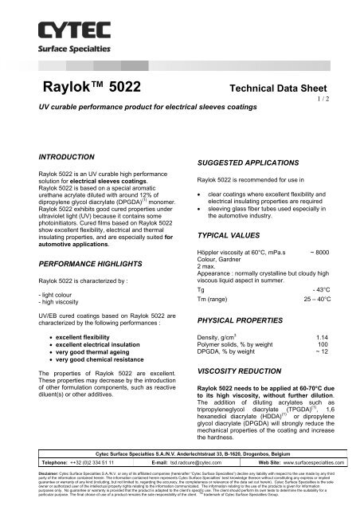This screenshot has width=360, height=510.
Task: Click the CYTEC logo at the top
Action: pos(57,32)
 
